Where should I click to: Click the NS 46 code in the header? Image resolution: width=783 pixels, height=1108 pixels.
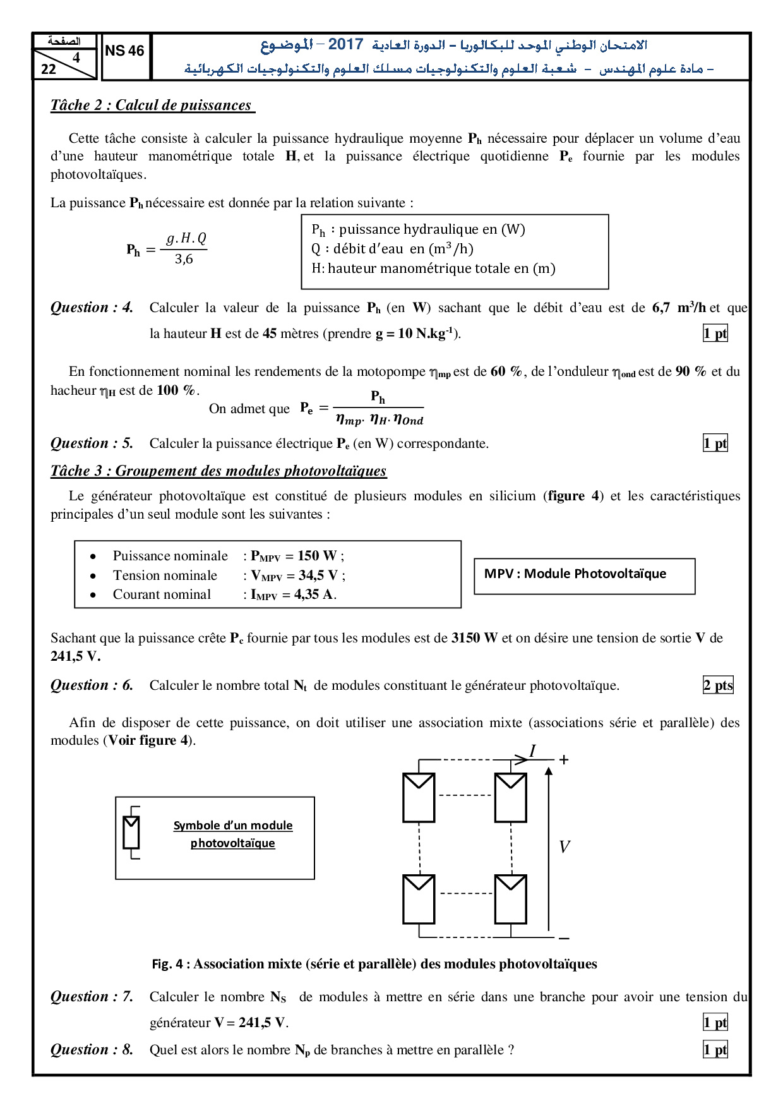pos(124,51)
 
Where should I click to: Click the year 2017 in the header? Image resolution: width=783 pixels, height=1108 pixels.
pos(345,44)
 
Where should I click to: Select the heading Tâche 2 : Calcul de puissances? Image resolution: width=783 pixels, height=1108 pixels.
pos(152,105)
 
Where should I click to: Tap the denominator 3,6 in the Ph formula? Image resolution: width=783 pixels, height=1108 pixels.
pos(184,259)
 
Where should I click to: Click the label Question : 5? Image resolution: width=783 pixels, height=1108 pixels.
pos(92,443)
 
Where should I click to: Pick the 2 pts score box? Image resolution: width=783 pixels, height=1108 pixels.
pos(718,685)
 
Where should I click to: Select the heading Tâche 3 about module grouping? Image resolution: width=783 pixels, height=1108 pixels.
pos(218,471)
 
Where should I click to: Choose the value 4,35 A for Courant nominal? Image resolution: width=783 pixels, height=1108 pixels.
pos(314,594)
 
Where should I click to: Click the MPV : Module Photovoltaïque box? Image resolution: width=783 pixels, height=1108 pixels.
pos(584,575)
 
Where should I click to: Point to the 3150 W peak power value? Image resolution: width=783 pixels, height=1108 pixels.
pos(474,638)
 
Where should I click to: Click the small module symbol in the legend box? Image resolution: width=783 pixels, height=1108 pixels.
pos(131,833)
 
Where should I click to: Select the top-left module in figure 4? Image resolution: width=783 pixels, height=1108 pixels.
pos(419,797)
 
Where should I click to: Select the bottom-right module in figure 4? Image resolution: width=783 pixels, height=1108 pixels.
pos(511,899)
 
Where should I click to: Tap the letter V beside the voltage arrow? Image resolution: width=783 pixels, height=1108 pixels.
pos(565,847)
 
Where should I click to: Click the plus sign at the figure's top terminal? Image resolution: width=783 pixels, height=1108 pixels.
pos(564,760)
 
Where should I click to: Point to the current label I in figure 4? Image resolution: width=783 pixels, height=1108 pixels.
pos(532,751)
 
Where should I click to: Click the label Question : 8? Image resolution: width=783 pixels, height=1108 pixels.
pos(92,1050)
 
